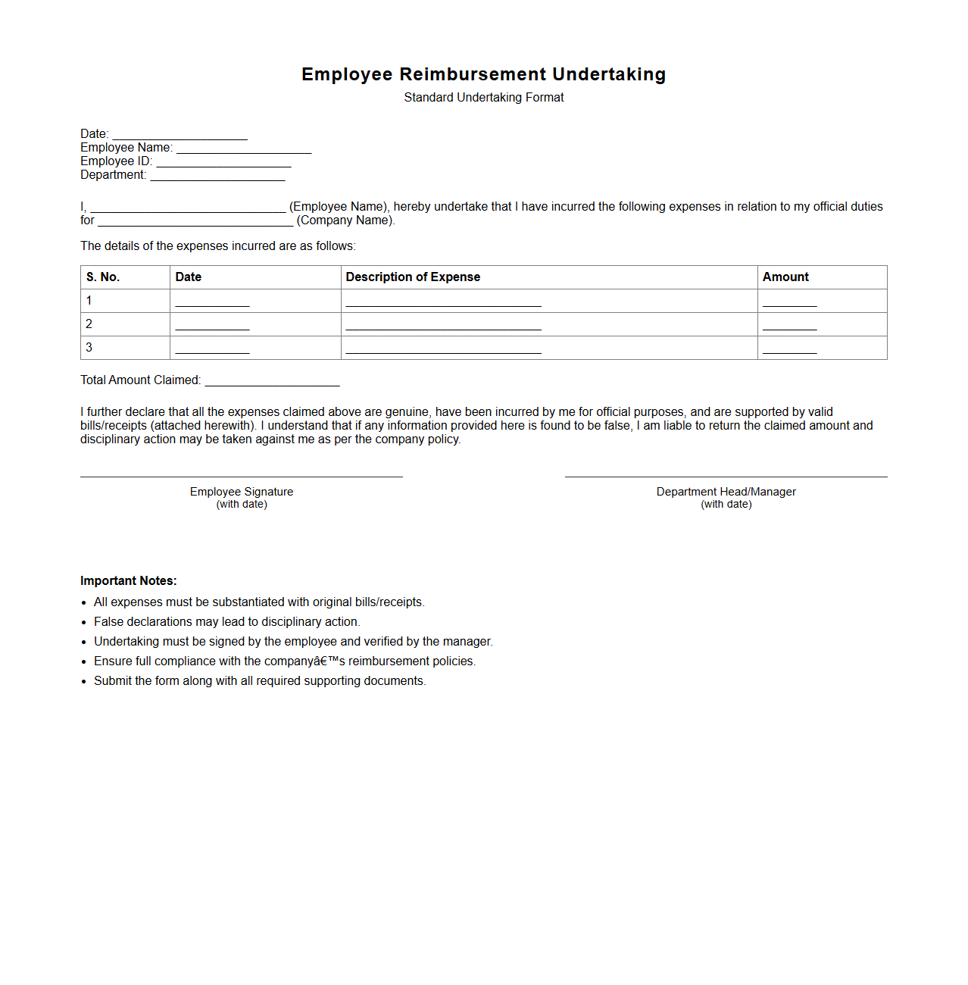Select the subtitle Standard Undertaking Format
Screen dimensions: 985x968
coord(483,98)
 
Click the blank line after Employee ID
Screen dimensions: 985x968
coord(223,162)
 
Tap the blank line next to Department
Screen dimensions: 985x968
coord(217,176)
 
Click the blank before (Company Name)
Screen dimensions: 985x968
coord(195,221)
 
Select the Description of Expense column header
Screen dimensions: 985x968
coord(413,277)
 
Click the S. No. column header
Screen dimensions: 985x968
coord(103,277)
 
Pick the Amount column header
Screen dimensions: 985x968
coord(785,277)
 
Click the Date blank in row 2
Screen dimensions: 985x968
coord(212,326)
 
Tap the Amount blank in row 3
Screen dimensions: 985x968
coord(789,349)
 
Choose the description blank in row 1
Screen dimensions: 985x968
coord(443,302)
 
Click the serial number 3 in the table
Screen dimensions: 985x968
coord(89,348)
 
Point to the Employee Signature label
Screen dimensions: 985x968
coord(242,492)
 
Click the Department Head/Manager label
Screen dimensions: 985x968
coord(726,492)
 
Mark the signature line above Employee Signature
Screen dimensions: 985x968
coord(242,477)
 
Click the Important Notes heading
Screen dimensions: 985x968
coord(129,581)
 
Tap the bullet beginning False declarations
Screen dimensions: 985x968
coord(226,622)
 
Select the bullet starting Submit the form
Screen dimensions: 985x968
coord(259,681)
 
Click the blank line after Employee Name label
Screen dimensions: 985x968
coord(244,149)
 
